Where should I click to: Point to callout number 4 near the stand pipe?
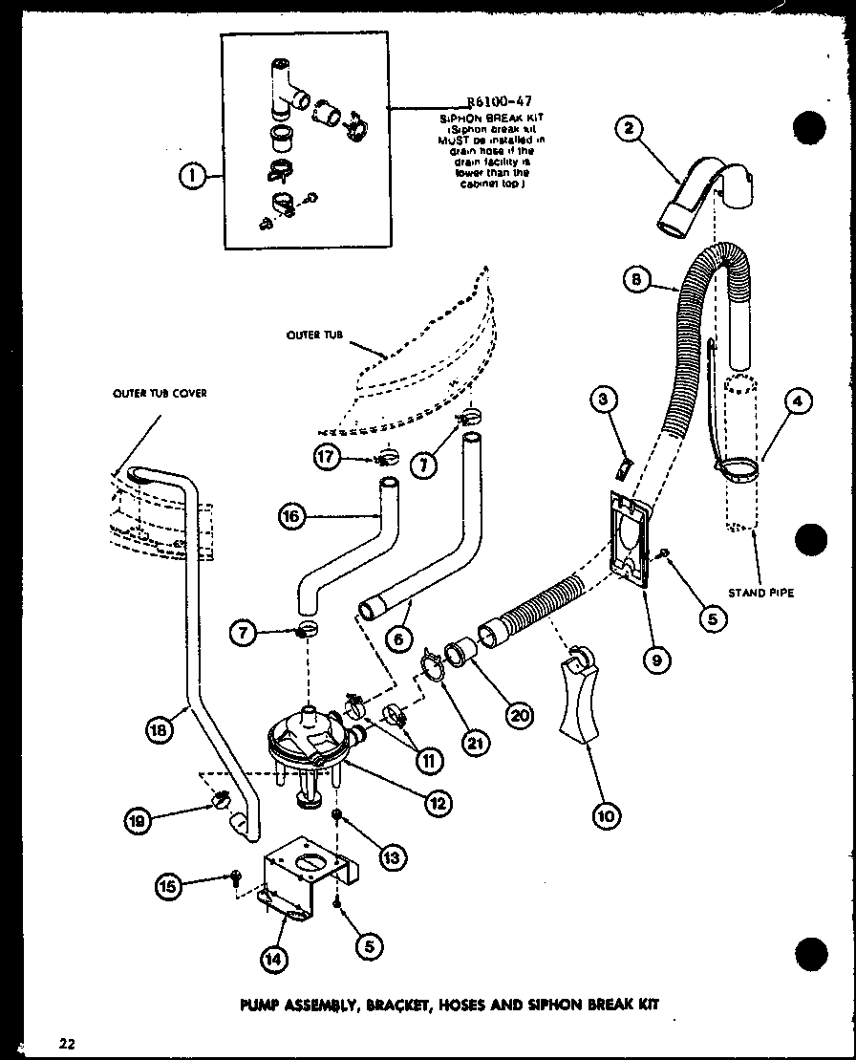point(797,403)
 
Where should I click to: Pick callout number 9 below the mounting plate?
point(658,658)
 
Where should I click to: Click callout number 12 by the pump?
point(439,804)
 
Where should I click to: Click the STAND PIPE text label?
point(761,593)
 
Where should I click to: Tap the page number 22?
point(66,1042)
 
